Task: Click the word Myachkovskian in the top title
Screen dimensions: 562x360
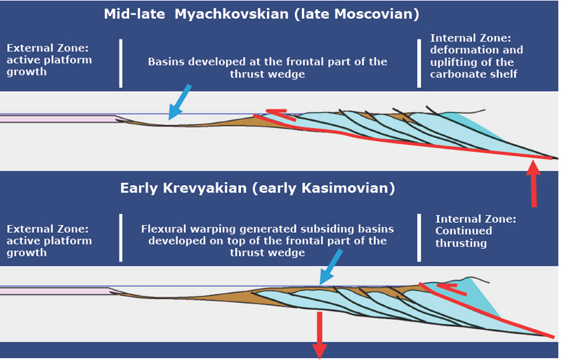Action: pos(232,14)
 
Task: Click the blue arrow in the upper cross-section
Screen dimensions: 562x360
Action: pos(180,102)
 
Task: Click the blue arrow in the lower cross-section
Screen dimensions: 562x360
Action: pos(331,267)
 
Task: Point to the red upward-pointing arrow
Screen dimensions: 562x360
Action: pos(534,184)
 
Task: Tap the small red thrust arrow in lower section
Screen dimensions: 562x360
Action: pos(452,289)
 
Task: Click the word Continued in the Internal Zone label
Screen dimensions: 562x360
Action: pos(464,231)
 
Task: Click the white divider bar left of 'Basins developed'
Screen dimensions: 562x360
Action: pos(121,63)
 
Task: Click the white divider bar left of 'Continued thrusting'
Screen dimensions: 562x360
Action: pos(419,238)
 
